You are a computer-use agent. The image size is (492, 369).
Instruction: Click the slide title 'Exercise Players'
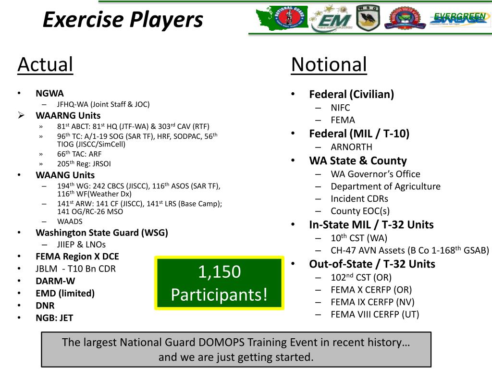pos(123,20)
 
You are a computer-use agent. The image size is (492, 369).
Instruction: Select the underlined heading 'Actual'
pos(45,65)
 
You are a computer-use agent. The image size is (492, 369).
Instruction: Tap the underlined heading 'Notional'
pos(329,65)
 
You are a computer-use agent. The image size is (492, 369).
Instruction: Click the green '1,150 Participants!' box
pos(219,283)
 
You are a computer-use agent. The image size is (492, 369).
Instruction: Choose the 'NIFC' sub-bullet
pos(340,108)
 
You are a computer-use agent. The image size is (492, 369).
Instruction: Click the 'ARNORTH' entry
pos(351,147)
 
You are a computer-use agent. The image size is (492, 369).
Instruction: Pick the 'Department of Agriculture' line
pos(385,186)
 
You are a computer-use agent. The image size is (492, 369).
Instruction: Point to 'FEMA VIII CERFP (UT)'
pos(375,315)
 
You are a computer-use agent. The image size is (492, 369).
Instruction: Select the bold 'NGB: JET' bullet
pos(54,318)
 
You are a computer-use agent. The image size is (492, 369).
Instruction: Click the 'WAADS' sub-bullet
pos(70,221)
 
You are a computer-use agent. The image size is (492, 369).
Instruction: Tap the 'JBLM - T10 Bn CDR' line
pos(75,269)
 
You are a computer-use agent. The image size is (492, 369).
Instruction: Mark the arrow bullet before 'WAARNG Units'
pos(21,115)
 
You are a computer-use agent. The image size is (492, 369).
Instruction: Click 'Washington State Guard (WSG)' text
pos(102,233)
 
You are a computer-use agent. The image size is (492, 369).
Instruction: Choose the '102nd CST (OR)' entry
pos(361,277)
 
